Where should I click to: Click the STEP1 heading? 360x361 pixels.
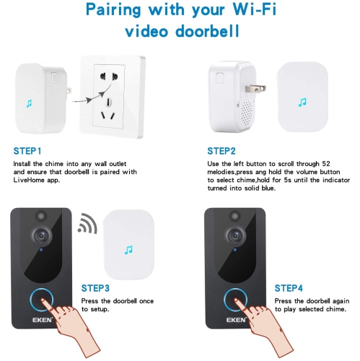pos(27,152)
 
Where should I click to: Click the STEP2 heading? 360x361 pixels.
pos(221,152)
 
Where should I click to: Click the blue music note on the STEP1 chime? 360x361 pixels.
pos(29,105)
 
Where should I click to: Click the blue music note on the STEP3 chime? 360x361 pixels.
pos(128,251)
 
